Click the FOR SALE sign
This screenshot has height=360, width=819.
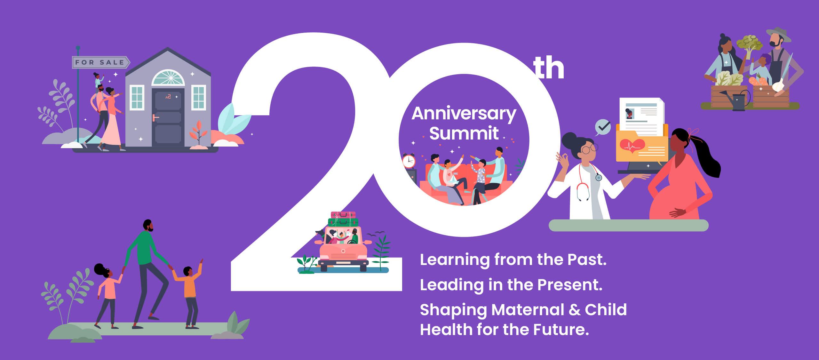tap(100, 62)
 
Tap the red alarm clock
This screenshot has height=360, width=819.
tap(409, 161)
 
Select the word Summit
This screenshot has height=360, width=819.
tap(464, 133)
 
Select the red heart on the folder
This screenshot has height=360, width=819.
tap(632, 146)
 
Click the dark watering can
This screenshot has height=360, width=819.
tap(740, 100)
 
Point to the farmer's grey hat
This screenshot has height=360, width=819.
tap(778, 35)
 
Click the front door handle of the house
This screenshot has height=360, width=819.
tap(155, 118)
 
